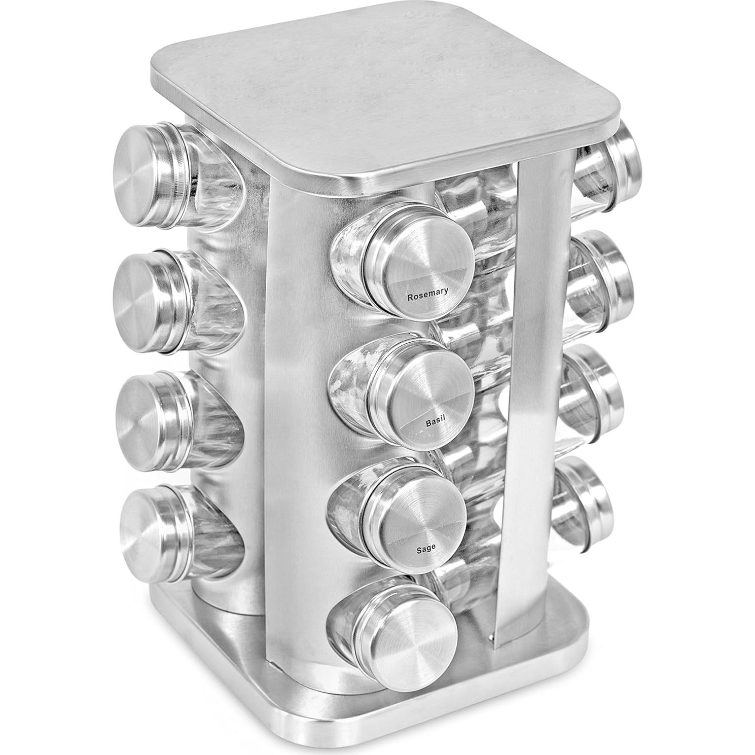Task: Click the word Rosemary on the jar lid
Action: [x=428, y=295]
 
